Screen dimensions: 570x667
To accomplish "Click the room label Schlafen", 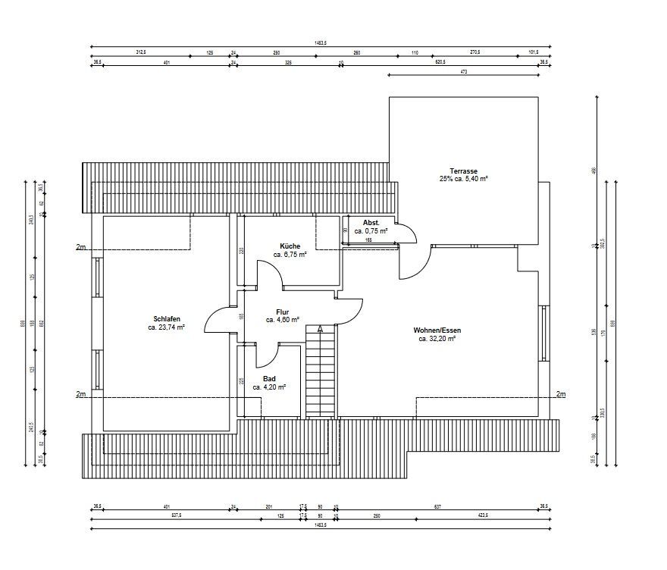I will click(166, 319).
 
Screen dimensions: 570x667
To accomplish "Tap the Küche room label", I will click(290, 246).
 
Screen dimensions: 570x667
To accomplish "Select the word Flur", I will click(283, 312).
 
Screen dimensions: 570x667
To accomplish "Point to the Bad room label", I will click(269, 378).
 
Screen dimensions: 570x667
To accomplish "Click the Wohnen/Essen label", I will click(437, 330).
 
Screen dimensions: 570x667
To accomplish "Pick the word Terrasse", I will click(463, 171).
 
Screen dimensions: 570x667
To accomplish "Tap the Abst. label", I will click(371, 222).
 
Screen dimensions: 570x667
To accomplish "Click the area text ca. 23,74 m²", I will click(166, 328).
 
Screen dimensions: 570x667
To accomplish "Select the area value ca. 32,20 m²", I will click(437, 340).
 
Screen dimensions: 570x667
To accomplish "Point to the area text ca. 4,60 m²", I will click(283, 321).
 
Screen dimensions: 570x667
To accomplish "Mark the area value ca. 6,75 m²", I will click(290, 255).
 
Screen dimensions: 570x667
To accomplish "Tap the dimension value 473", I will click(463, 71).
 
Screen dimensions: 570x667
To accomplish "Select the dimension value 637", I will click(437, 506).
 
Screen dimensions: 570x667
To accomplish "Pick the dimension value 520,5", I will click(439, 62).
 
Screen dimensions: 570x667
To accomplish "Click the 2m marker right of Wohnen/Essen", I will click(560, 394).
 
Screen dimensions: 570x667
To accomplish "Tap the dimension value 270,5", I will click(475, 53).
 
